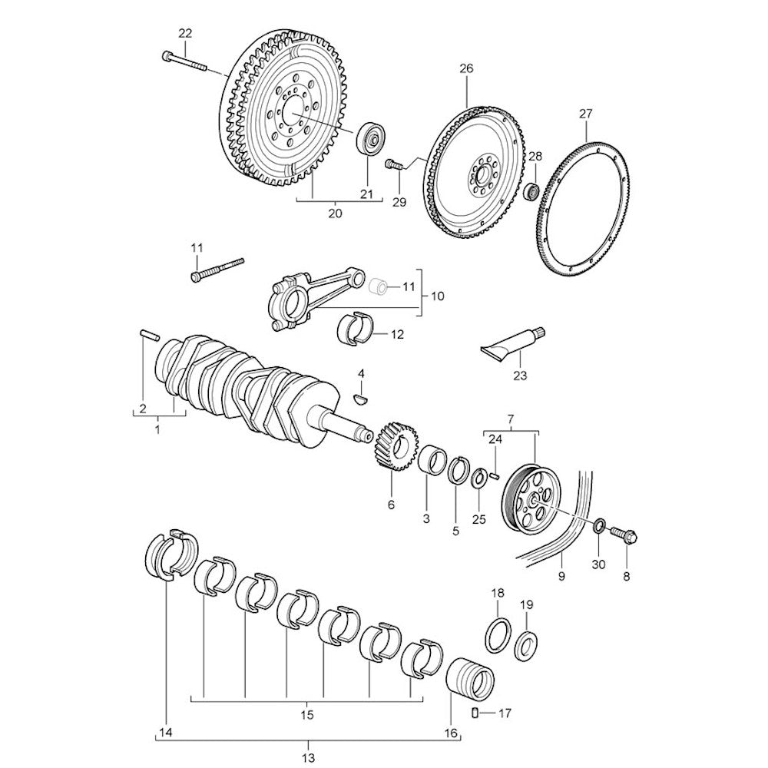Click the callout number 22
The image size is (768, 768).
[185, 33]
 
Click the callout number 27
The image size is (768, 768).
[586, 114]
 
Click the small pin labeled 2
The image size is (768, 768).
[150, 333]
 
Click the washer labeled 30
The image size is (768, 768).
[599, 527]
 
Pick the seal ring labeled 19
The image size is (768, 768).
[527, 644]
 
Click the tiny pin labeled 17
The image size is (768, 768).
[475, 713]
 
